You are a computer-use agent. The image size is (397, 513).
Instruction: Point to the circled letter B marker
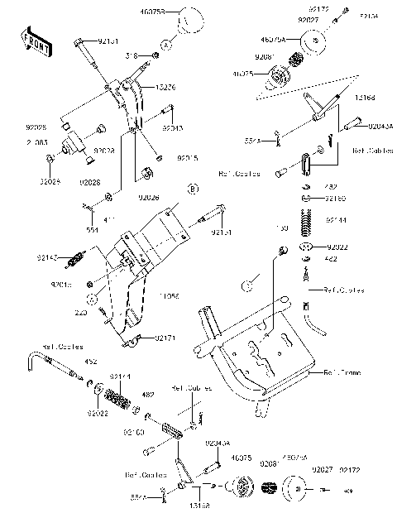(x=192, y=189)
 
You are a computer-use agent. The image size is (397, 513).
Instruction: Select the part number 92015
(x=186, y=157)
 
